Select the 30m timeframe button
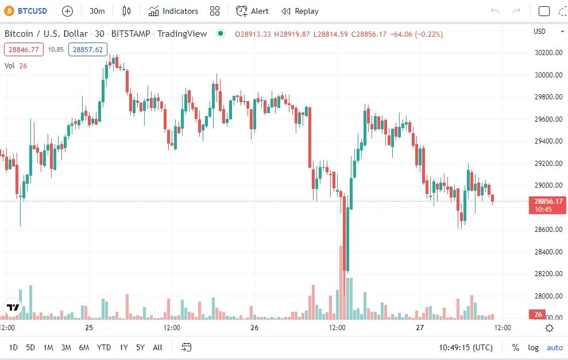pos(97,11)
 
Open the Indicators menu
pos(173,11)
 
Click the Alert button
pos(253,11)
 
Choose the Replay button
pos(300,11)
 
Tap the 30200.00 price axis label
pos(548,53)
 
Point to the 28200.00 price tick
pos(548,274)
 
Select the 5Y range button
pos(140,347)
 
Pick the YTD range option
pos(104,347)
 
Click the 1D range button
pos(13,347)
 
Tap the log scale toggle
pos(534,347)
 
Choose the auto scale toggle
pos(555,347)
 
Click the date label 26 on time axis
pos(254,328)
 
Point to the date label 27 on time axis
pos(420,328)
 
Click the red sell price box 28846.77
pos(24,50)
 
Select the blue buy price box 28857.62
pos(88,50)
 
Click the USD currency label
pos(539,32)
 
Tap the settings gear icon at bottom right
pos(549,328)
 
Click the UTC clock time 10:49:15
pos(466,347)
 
